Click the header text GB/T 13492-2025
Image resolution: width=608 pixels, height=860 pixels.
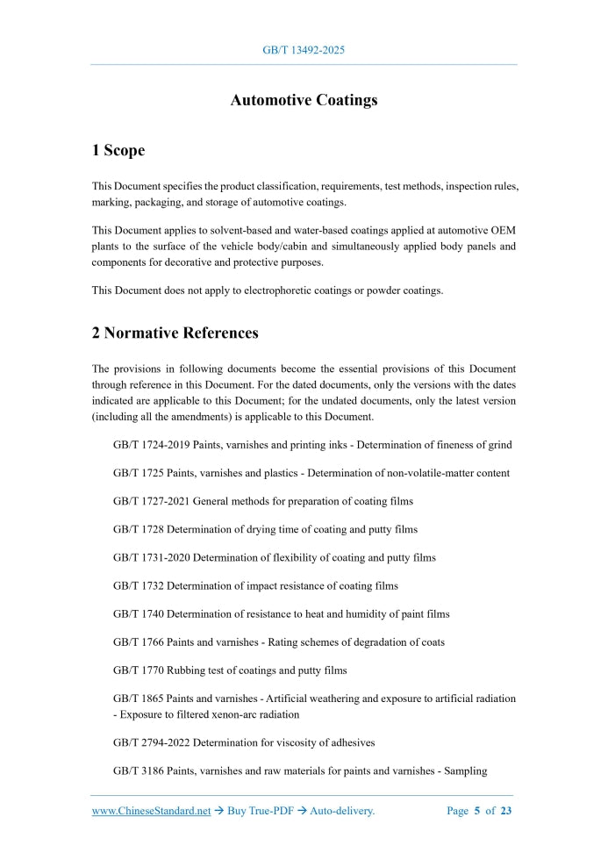click(x=304, y=50)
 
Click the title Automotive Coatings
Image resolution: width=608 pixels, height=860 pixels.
click(x=304, y=100)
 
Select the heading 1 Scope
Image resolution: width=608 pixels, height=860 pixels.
click(x=118, y=151)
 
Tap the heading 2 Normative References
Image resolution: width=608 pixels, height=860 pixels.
click(x=175, y=333)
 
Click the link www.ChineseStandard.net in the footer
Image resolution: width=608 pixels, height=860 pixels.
click(x=151, y=812)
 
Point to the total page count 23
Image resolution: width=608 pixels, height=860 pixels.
click(x=506, y=812)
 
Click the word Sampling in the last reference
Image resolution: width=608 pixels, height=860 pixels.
click(x=466, y=771)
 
